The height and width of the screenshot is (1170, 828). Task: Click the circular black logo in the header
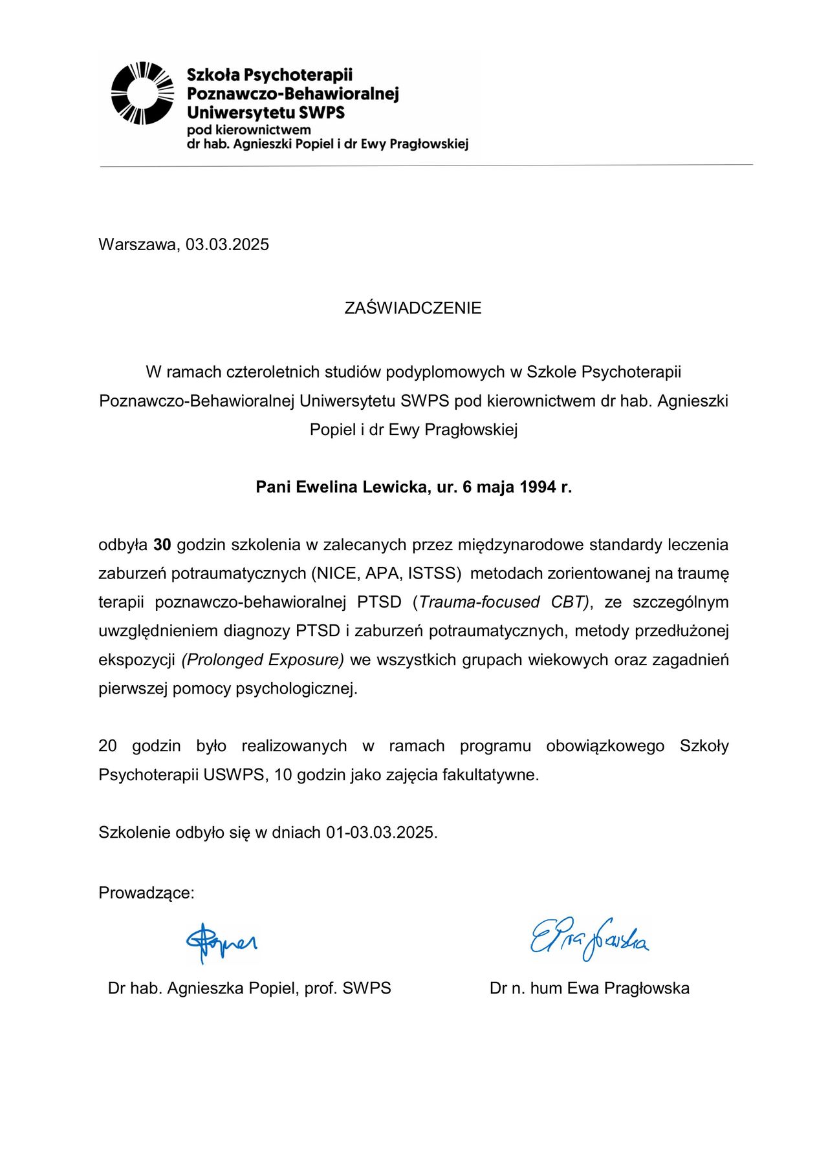[142, 93]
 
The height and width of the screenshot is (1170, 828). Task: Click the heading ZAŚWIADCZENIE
[413, 308]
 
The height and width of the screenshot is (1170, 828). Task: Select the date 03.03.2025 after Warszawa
[227, 244]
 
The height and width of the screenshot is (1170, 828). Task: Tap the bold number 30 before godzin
[162, 544]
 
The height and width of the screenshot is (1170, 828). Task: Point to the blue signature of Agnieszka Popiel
[221, 942]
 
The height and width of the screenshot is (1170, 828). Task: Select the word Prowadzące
[146, 893]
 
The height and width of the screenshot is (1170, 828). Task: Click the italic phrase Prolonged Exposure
[263, 659]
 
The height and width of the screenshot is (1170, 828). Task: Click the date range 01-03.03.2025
[381, 832]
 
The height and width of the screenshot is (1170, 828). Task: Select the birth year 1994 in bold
[538, 487]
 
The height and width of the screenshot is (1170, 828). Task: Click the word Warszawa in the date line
[137, 244]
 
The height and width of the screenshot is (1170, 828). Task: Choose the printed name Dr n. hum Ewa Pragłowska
[589, 988]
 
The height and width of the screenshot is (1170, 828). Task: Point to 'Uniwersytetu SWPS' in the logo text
[266, 112]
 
